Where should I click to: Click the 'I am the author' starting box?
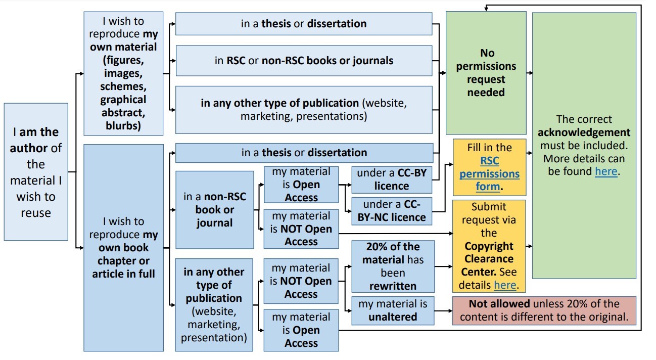click(x=36, y=172)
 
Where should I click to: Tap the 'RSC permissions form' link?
click(x=489, y=173)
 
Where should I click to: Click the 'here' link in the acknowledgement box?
click(x=605, y=171)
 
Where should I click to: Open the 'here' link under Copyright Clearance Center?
click(x=504, y=285)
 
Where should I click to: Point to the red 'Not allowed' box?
click(x=544, y=310)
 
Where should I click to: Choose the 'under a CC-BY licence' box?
click(x=392, y=179)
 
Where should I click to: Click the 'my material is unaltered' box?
click(x=393, y=310)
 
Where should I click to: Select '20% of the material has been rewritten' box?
click(x=393, y=266)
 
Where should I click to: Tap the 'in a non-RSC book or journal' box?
click(x=214, y=210)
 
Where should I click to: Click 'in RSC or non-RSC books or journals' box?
click(x=304, y=61)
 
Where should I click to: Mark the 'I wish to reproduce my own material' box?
click(x=123, y=74)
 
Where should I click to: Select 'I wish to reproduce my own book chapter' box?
click(x=123, y=248)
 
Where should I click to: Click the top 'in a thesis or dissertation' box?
click(x=304, y=24)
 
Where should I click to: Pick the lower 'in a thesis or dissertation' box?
click(x=304, y=153)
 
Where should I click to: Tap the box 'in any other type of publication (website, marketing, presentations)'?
click(x=304, y=109)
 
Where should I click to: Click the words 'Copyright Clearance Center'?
click(x=489, y=259)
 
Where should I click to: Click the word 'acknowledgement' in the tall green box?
click(x=584, y=132)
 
